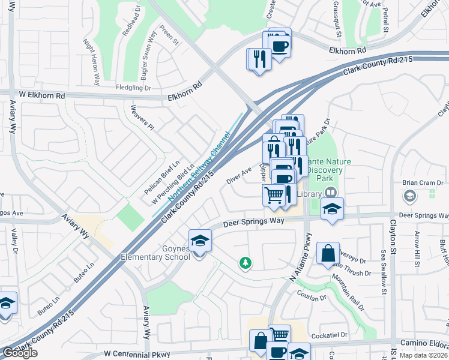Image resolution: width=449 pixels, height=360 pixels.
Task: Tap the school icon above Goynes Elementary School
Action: point(200,241)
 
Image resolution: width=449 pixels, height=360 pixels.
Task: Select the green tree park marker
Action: point(245,263)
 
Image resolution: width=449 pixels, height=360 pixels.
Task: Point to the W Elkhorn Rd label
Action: point(41,95)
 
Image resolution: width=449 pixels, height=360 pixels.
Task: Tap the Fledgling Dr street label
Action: point(133,88)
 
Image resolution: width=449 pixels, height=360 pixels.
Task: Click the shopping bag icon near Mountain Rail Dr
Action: point(328,254)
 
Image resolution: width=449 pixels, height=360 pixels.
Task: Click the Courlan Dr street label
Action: point(310,297)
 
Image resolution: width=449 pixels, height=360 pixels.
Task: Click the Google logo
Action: point(20,353)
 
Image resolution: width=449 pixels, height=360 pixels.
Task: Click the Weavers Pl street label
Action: point(143,118)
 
